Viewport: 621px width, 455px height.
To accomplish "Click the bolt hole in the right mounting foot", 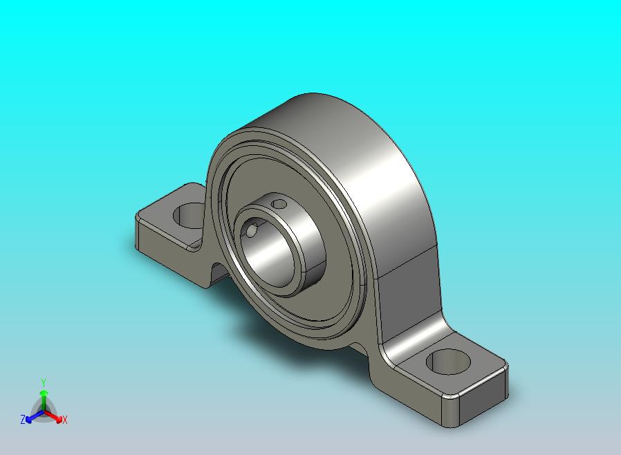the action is point(448,362).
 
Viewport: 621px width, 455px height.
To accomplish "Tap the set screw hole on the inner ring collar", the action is point(280,204).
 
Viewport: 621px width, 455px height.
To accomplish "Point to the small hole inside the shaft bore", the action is point(251,230).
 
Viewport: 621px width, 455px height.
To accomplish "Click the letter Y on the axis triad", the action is point(44,382).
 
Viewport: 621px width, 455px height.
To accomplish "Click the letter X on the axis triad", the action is point(65,420).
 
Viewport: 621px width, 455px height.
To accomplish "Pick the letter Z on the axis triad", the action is point(23,419).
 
